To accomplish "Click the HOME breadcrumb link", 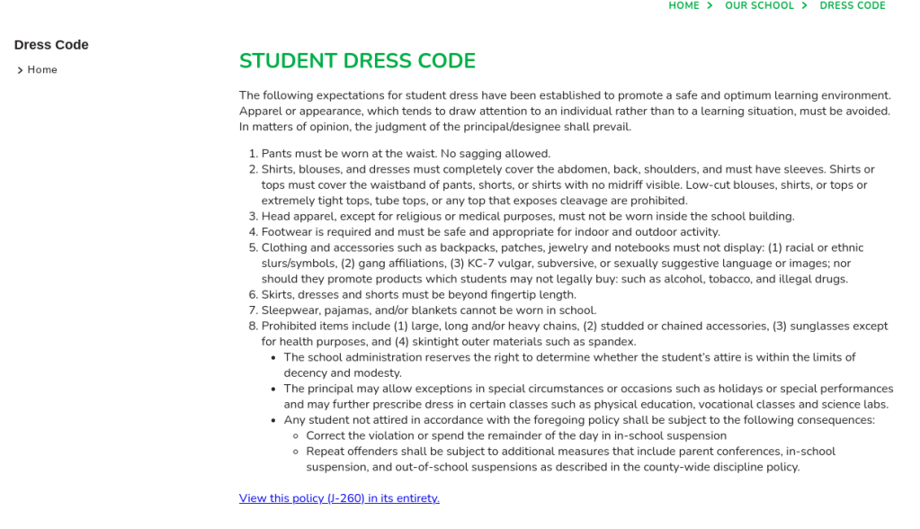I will (x=683, y=5).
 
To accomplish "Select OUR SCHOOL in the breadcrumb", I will (x=759, y=5).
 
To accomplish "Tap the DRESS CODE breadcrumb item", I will (x=852, y=5).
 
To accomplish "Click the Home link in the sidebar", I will (x=42, y=70).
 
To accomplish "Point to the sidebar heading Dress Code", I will (x=51, y=45).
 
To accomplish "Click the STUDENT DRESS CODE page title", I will (x=357, y=61).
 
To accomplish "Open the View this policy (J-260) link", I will (x=339, y=498).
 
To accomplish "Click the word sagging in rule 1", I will (x=484, y=154).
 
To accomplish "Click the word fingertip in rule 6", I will (x=511, y=295).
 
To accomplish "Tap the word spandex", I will (x=613, y=342).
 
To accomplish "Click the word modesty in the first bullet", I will (x=379, y=373).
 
